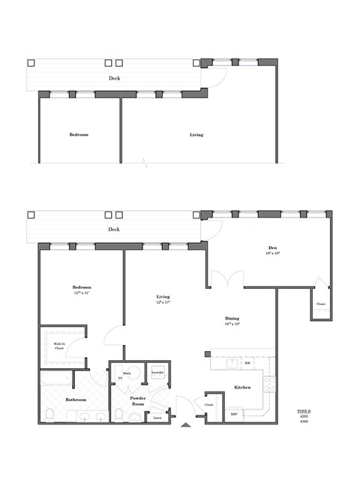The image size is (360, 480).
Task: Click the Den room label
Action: [273, 247]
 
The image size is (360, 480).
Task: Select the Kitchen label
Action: [241, 388]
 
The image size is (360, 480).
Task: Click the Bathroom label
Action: [75, 400]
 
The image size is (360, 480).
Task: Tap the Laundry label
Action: [157, 372]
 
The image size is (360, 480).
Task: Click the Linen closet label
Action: [157, 418]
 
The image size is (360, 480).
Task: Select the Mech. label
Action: [127, 373]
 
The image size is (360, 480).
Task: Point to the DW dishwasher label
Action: [247, 363]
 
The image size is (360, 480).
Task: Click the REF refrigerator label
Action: [233, 414]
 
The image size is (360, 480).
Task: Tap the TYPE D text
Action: [304, 412]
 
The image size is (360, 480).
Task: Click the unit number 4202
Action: [304, 417]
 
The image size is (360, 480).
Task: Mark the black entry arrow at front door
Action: [186, 425]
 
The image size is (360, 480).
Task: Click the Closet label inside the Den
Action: [320, 304]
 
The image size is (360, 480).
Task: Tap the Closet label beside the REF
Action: [208, 405]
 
